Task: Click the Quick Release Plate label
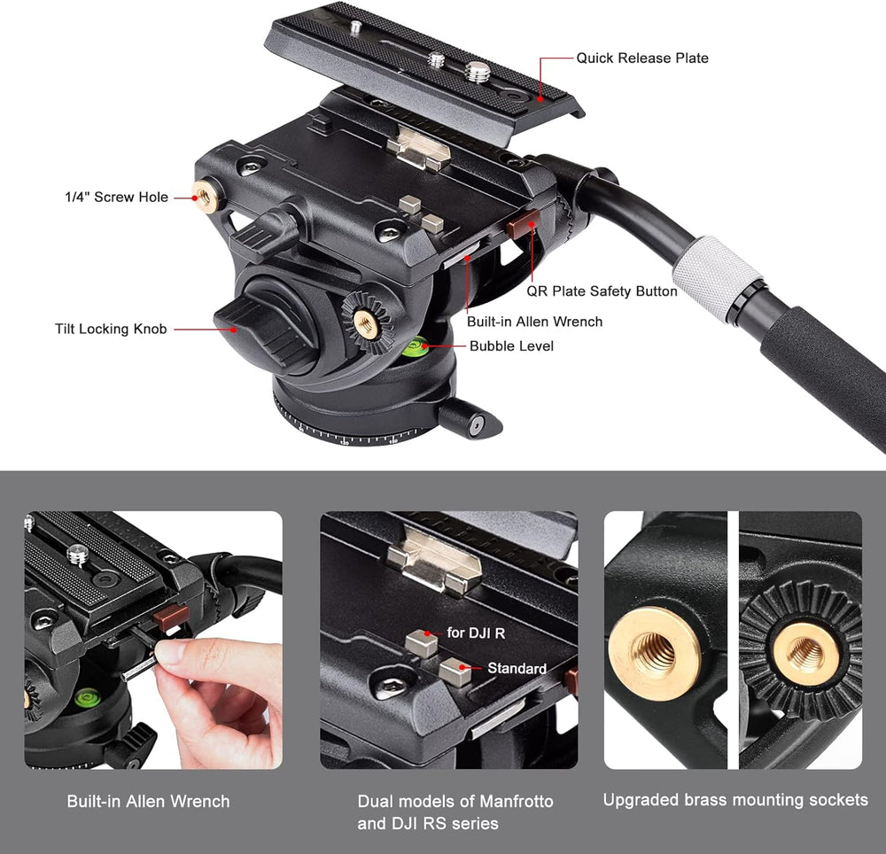click(641, 58)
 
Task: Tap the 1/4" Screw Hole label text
click(116, 198)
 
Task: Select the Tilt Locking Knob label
click(111, 329)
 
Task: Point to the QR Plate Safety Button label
click(602, 291)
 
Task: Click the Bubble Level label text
click(511, 346)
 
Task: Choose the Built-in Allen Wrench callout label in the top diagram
click(534, 322)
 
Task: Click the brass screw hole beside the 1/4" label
click(206, 197)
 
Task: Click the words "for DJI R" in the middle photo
click(476, 633)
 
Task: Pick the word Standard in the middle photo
click(517, 668)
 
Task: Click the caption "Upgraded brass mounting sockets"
click(735, 800)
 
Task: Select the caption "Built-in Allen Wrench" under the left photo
click(148, 802)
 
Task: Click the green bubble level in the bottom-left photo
click(88, 698)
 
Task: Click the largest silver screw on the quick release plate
click(478, 71)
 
